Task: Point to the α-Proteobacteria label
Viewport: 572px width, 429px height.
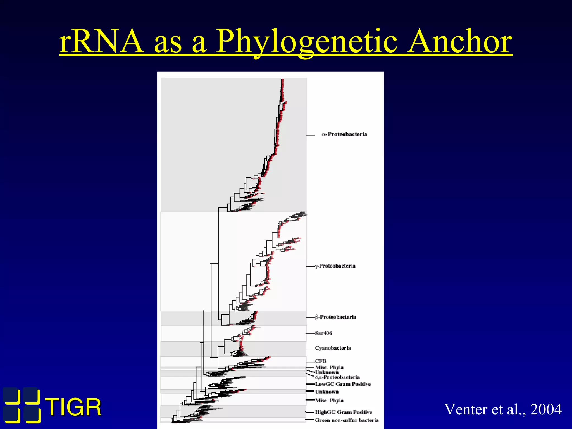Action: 344,134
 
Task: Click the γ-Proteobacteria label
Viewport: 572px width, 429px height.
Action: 335,266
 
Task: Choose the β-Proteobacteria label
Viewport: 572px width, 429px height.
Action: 335,317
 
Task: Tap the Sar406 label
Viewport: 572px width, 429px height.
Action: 323,333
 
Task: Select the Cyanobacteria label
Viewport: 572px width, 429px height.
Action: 333,348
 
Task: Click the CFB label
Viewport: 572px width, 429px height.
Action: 321,361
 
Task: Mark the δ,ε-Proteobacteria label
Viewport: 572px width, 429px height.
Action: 337,377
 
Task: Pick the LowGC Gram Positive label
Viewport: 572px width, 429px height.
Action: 343,384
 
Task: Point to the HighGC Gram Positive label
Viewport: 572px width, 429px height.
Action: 344,412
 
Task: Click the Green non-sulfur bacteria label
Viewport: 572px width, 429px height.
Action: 347,420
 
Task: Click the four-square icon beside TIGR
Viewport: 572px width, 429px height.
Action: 22,405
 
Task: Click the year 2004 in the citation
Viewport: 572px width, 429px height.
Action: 546,409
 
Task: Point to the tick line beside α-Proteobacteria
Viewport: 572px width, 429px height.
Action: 310,135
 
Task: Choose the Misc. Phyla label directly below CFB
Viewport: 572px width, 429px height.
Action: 329,367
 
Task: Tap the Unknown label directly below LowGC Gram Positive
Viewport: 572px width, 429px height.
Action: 327,392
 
